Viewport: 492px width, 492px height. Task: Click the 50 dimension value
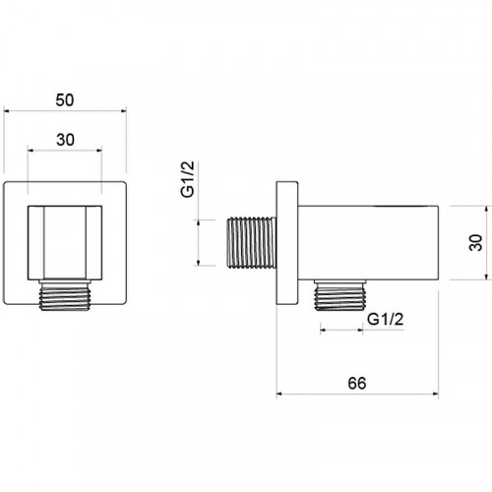point(65,100)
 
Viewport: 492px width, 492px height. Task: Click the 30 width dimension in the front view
point(65,140)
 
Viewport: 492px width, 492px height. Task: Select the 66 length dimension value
point(357,383)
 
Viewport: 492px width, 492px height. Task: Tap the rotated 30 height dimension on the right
point(476,243)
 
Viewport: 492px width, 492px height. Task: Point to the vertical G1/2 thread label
point(188,179)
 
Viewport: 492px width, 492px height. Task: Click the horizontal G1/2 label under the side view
point(385,319)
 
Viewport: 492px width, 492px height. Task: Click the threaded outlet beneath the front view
point(65,294)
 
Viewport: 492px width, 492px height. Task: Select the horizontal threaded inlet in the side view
point(251,242)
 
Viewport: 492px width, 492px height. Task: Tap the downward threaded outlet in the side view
point(340,295)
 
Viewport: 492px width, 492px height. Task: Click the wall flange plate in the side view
point(287,243)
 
